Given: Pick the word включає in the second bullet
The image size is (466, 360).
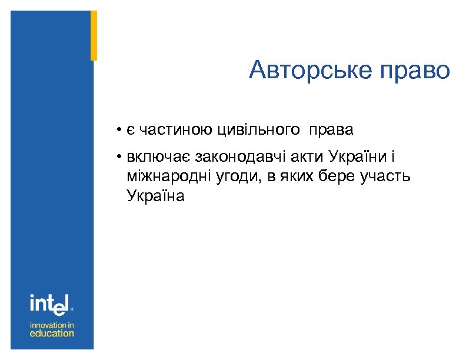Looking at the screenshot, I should (157, 157).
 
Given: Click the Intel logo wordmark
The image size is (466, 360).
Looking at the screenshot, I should (50, 304).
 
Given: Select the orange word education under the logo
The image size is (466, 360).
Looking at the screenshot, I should (52, 333).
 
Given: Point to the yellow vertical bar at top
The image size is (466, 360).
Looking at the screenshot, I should (94, 35).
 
